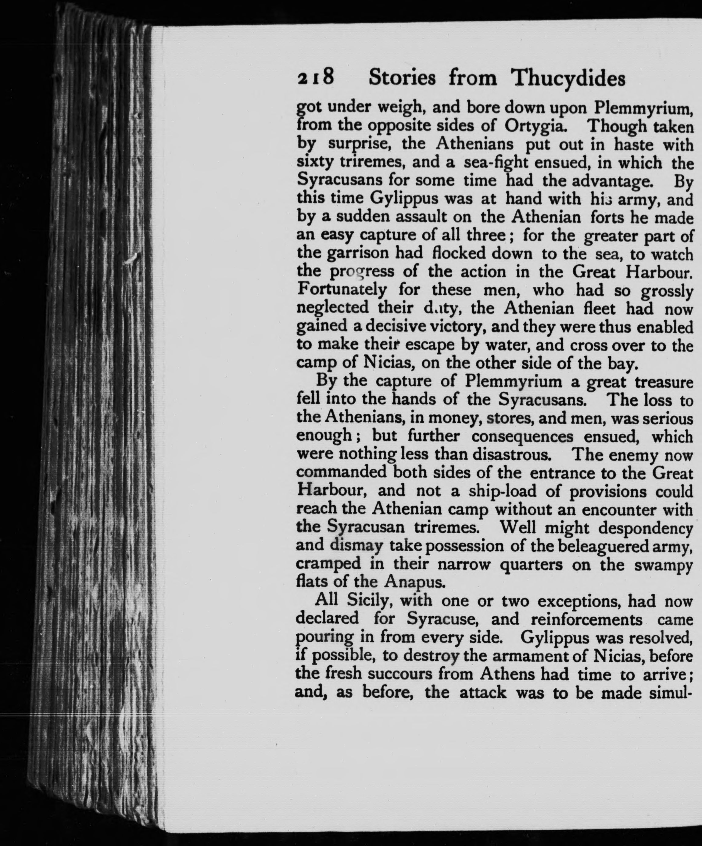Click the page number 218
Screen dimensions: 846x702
coord(315,78)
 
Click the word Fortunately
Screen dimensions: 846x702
coord(342,290)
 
